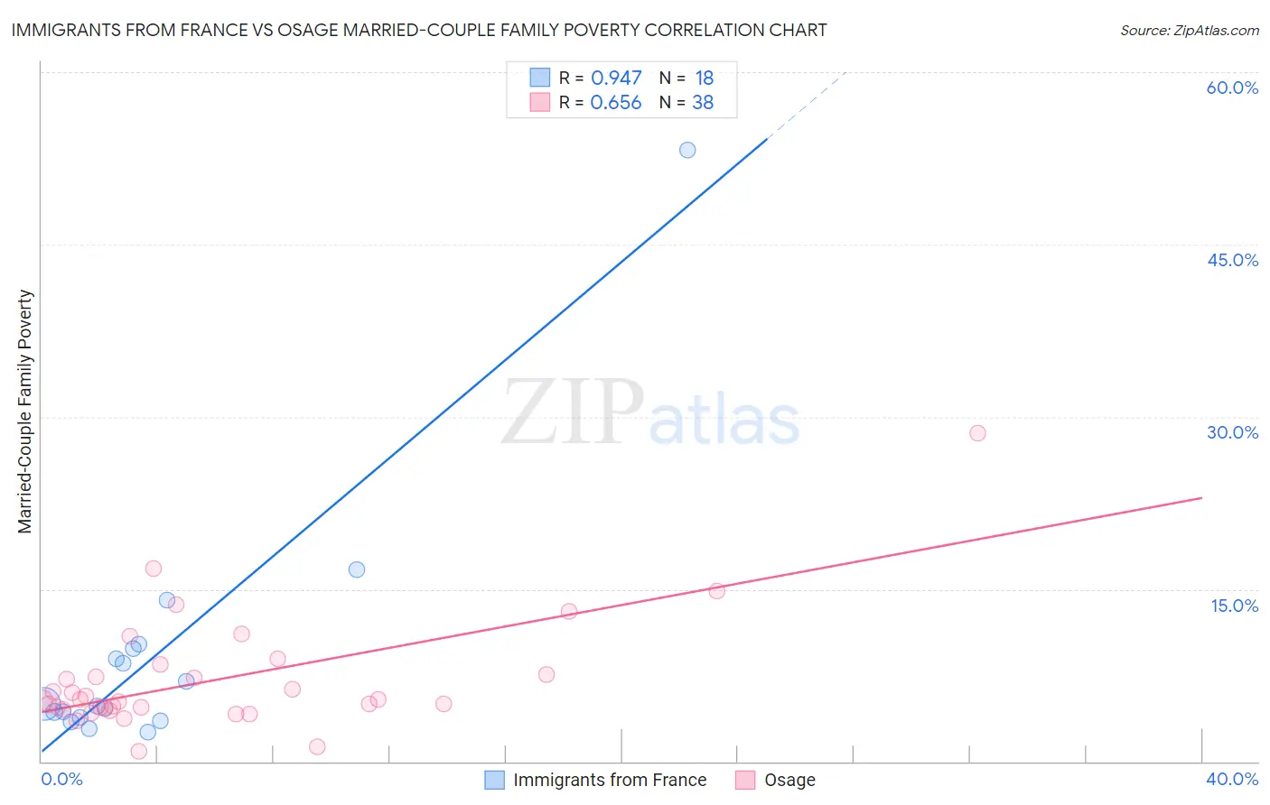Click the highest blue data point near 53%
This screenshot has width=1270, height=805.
[x=687, y=150]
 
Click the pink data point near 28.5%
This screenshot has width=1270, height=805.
[x=977, y=433]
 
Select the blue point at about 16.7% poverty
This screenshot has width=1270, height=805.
[x=357, y=569]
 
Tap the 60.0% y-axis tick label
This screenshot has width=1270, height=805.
[x=1232, y=88]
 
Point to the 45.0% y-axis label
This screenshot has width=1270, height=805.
[x=1232, y=260]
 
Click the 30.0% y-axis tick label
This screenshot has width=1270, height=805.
[x=1232, y=432]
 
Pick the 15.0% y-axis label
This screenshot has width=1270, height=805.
[x=1234, y=606]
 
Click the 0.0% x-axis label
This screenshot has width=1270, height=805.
[x=62, y=779]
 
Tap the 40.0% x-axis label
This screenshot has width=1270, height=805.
[x=1232, y=779]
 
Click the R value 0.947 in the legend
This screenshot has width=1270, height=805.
[x=616, y=79]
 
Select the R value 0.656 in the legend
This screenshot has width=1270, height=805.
[x=616, y=103]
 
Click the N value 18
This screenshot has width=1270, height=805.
[x=704, y=79]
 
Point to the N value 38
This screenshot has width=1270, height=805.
[x=703, y=103]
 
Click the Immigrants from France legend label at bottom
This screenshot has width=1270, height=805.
[x=610, y=780]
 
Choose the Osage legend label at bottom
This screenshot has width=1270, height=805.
[x=789, y=780]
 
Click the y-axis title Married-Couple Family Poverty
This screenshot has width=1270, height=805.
[x=25, y=412]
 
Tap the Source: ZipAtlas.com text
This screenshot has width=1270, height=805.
[x=1189, y=31]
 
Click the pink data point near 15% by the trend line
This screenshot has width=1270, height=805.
[x=716, y=591]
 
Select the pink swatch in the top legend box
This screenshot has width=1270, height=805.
[x=539, y=102]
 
